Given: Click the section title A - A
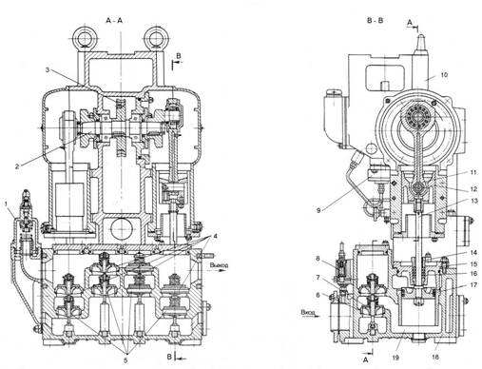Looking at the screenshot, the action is coord(114,20).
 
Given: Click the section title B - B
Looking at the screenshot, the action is coord(375,20).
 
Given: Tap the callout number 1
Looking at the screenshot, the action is coord(6,204).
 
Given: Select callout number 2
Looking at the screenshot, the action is coord(17,165).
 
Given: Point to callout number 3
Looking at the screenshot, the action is coord(48,69).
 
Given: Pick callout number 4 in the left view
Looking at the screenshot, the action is coord(215,237).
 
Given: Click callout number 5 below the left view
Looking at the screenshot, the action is coord(125,359).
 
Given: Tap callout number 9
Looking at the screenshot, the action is coord(318,210).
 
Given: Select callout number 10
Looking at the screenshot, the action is coord(444,75).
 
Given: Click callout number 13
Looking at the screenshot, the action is coord(473,201).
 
